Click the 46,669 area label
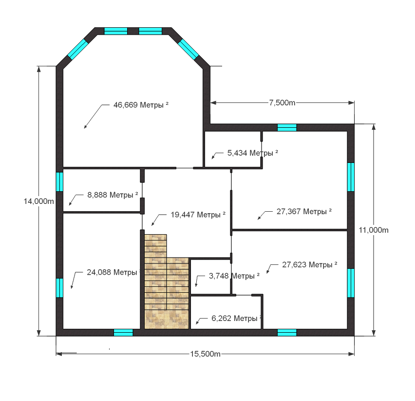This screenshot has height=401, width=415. coord(141,105)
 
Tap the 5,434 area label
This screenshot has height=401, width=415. coord(253,153)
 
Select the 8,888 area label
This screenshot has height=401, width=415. coord(113,195)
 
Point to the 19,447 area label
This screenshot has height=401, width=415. coord(198,215)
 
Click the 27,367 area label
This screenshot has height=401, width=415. coord(304,212)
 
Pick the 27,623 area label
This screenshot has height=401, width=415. coord(310,264)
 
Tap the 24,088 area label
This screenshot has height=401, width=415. coord(114,272)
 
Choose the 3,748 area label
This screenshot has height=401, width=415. coord(234,276)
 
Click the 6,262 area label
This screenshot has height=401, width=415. coord(237,318)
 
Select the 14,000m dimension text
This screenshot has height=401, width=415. coord(38,201)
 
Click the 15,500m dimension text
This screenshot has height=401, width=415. coord(206,354)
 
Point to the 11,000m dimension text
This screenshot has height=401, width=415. coord(374,230)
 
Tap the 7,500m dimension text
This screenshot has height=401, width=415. coord(282,102)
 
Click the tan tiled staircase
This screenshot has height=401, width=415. coord(166,282)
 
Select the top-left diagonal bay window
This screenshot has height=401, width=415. coord(78,49)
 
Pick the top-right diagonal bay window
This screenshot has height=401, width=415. coord(188,49)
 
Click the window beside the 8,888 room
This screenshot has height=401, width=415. coord(59,182)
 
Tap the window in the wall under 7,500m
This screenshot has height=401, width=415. coord(287,127)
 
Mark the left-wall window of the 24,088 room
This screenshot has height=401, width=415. coord(59,288)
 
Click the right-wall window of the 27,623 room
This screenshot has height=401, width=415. coord(351,283)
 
